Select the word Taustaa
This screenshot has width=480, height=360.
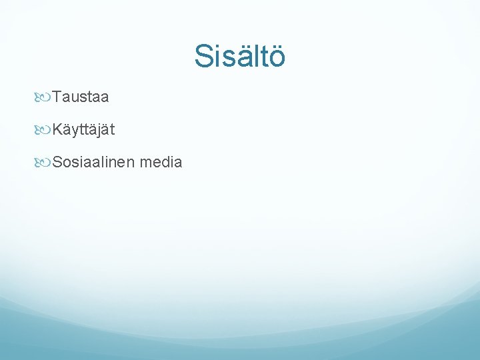[81, 97]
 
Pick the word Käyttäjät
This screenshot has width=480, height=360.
[83, 130]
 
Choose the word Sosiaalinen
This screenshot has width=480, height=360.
[93, 161]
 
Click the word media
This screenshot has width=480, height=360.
[161, 161]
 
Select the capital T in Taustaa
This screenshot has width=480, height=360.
[57, 97]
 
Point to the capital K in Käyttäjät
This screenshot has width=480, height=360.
[58, 130]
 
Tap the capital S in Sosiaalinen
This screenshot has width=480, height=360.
[58, 161]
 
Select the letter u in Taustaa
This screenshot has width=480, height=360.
[75, 98]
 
